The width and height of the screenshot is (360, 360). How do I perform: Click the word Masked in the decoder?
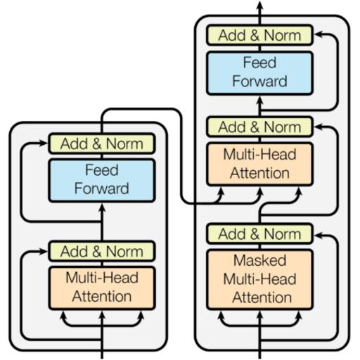[x=259, y=260]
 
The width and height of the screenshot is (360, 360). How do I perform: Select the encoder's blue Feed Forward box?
[x=102, y=180]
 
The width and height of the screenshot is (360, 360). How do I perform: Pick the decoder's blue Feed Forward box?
[x=259, y=73]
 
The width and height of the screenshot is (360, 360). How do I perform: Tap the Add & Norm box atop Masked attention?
[x=259, y=233]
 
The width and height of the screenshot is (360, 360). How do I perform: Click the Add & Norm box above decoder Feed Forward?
[x=259, y=35]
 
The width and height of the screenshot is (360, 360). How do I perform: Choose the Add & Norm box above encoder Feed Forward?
[x=102, y=143]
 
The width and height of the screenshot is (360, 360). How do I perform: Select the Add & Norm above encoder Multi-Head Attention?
[x=102, y=251]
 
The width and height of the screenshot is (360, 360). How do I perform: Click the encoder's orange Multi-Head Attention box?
[x=102, y=288]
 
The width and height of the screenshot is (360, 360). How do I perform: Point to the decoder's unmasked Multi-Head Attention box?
[x=259, y=164]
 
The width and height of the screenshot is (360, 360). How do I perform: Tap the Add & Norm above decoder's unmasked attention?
[x=259, y=127]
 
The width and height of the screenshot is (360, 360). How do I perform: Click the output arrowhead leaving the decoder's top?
[x=259, y=5]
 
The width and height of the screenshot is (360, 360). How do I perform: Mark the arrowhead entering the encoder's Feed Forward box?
[x=102, y=207]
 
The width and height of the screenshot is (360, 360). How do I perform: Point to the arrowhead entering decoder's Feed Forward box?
[x=259, y=101]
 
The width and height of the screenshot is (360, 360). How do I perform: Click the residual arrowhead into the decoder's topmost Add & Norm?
[x=319, y=34]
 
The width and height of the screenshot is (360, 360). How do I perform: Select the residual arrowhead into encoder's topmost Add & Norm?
[x=43, y=143]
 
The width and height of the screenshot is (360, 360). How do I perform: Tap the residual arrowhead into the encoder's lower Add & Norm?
[x=43, y=252]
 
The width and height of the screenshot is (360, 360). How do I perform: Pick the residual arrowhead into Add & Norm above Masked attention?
[x=319, y=235]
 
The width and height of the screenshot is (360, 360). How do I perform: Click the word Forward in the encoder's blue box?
[x=102, y=188]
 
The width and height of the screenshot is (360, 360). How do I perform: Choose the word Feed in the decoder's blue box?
[x=259, y=63]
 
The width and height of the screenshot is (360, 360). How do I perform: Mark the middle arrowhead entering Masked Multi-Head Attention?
[x=259, y=316]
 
